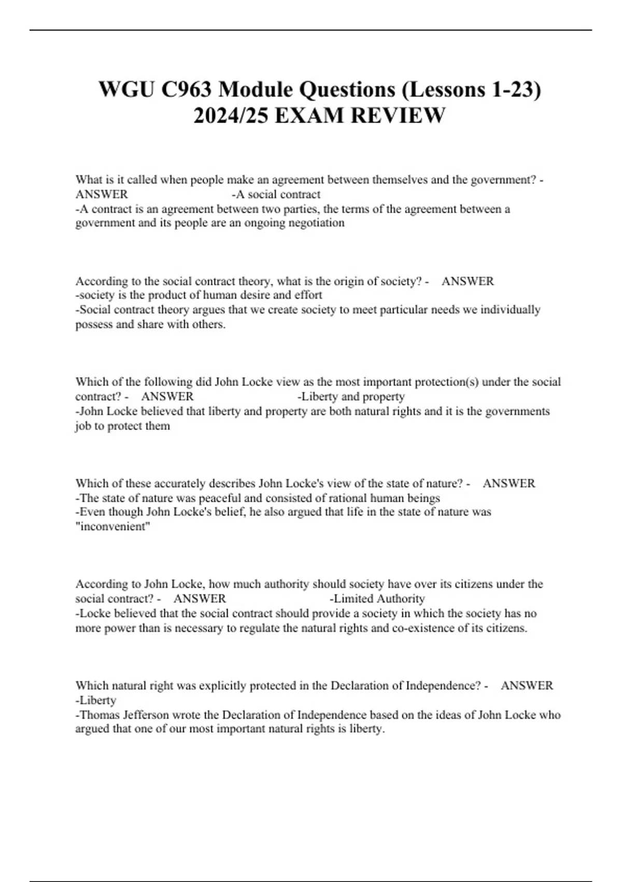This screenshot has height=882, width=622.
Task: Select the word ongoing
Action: pos(264,223)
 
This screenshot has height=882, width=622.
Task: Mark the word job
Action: pos(82,426)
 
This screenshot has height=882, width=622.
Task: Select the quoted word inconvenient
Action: pos(112,527)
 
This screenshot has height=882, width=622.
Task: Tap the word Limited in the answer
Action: pos(355,599)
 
